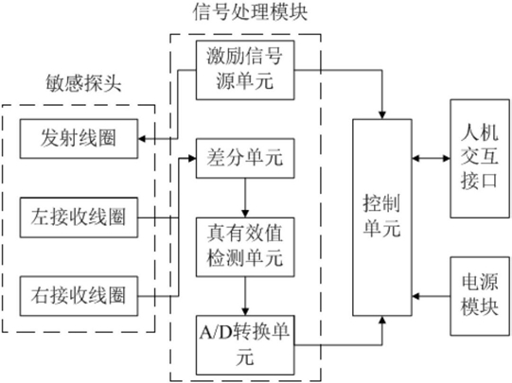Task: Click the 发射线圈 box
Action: (x=79, y=139)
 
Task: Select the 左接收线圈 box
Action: (x=79, y=218)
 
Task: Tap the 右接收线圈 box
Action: (x=79, y=296)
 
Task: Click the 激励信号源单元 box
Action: (x=245, y=70)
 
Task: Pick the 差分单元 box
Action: (x=245, y=158)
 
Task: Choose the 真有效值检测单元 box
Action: (x=245, y=247)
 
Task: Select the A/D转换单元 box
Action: (x=245, y=345)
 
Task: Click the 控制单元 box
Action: (x=382, y=218)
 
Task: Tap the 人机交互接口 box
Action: (x=480, y=159)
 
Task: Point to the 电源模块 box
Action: (x=480, y=296)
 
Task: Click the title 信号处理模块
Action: (x=250, y=12)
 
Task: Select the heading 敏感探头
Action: (x=83, y=83)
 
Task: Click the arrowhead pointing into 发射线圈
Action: (x=142, y=139)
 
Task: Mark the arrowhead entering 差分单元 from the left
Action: (x=192, y=158)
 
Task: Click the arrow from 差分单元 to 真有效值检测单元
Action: (x=245, y=198)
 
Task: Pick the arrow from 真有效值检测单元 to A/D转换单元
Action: (x=245, y=296)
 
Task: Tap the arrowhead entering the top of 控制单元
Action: (x=382, y=114)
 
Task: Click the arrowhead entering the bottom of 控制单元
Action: (x=382, y=320)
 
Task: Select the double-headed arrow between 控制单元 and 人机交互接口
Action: (x=431, y=159)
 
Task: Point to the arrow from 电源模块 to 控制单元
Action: (x=431, y=296)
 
